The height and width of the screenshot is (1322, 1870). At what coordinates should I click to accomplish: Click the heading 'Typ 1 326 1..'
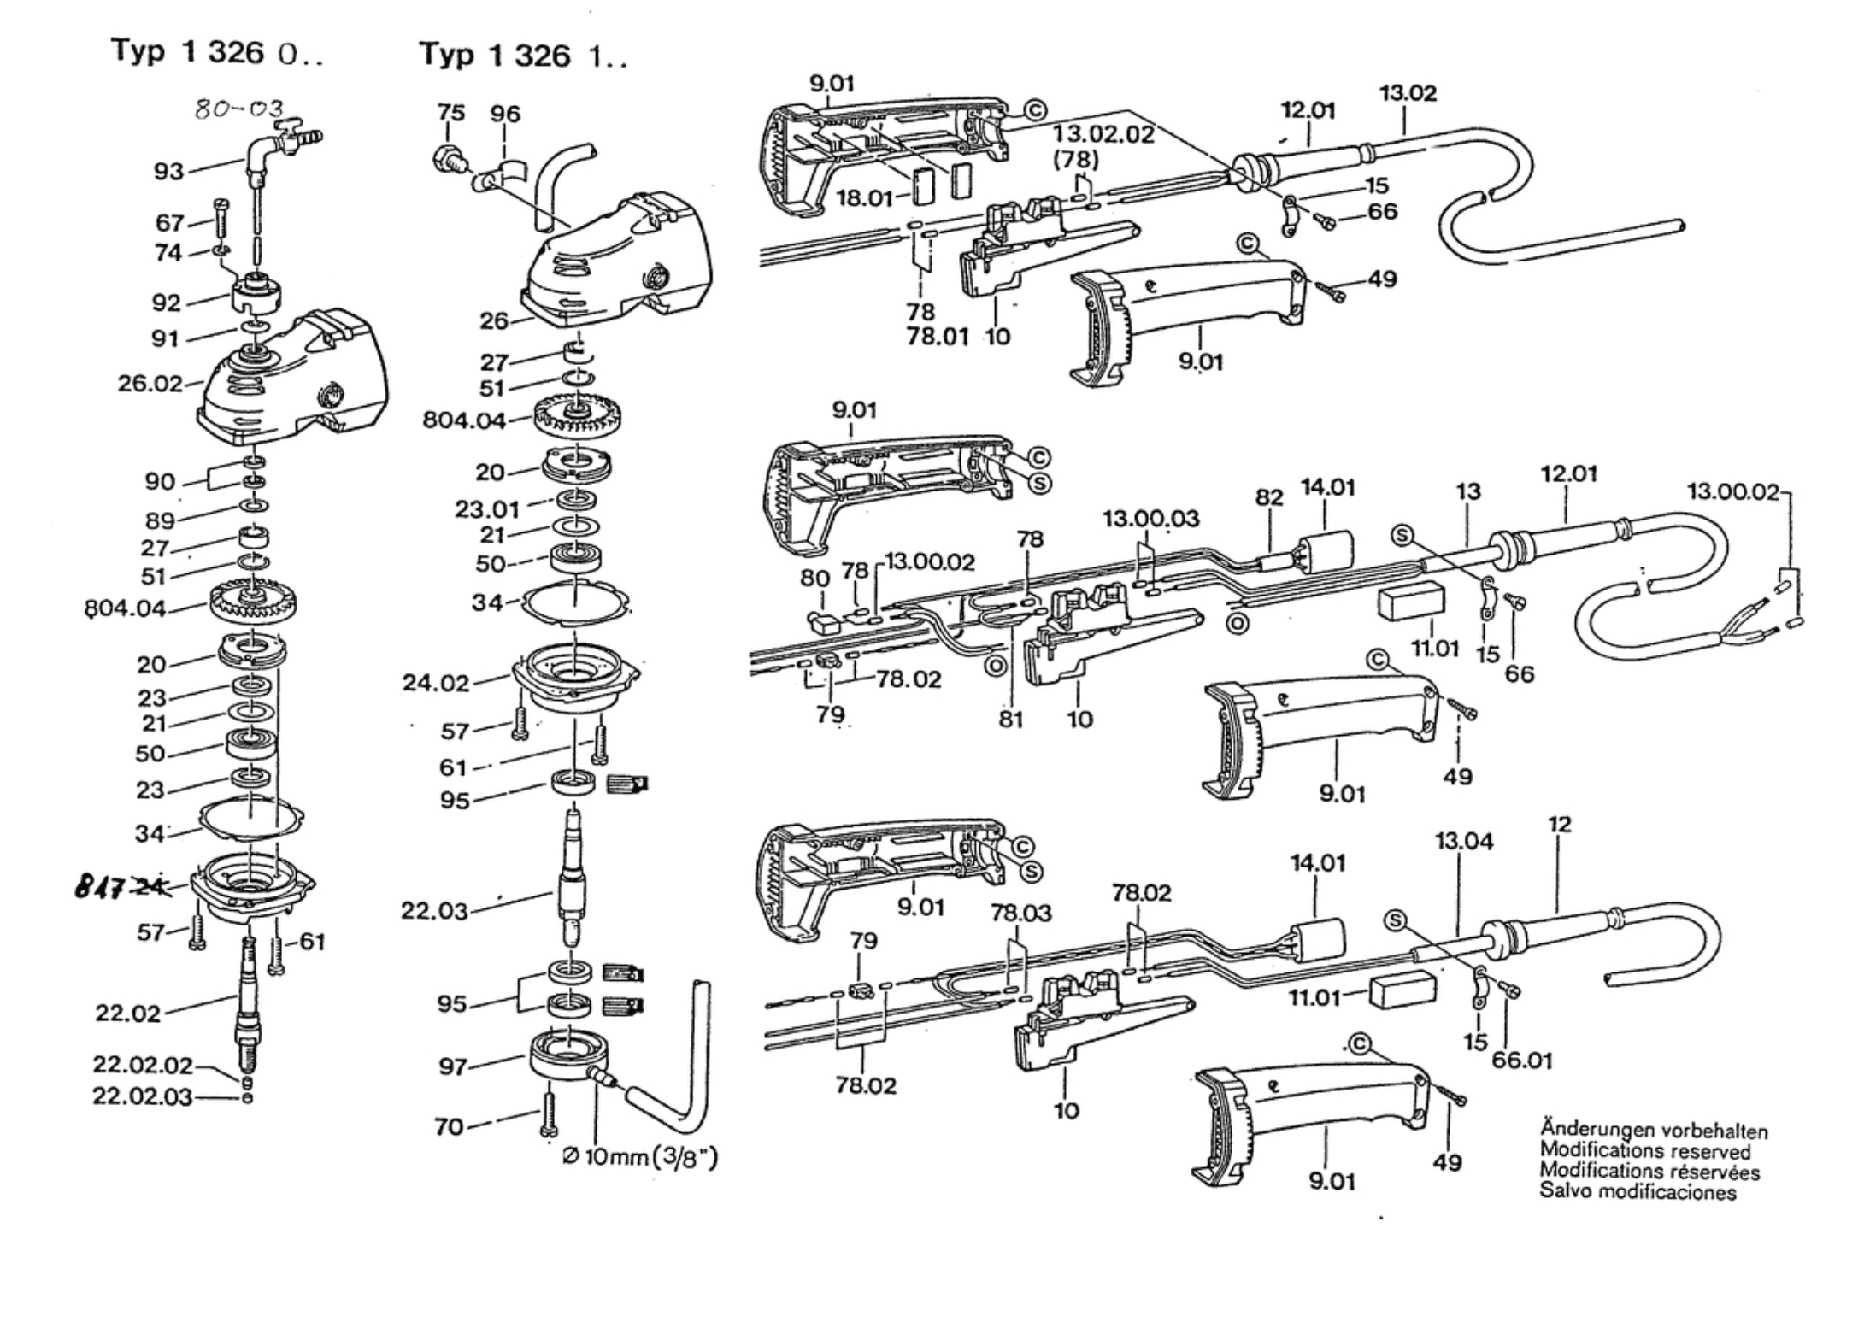(524, 56)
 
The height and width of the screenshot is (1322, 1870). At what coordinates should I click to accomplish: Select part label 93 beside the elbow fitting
(168, 172)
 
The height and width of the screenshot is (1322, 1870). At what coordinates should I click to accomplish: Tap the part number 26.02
(150, 383)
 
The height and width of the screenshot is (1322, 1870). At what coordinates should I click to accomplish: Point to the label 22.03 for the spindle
(435, 911)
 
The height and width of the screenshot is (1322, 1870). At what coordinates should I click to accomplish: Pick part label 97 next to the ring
(454, 1066)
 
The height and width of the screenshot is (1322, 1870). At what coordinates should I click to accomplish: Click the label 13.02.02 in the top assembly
(1103, 134)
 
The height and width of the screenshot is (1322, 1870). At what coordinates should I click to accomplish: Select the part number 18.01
(863, 198)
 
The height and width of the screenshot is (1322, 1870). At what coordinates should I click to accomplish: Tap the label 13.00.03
(1150, 519)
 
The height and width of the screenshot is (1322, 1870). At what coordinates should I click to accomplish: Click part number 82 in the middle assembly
(1270, 497)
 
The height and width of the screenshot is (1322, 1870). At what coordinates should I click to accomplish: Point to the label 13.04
(1464, 842)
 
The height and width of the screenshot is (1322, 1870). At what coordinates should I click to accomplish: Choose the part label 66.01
(1522, 1061)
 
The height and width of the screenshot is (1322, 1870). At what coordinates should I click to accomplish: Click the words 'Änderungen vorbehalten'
(1653, 1131)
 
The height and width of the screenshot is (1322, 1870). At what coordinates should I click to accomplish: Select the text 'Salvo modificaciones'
(1638, 1192)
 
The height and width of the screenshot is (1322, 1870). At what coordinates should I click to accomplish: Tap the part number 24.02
(436, 683)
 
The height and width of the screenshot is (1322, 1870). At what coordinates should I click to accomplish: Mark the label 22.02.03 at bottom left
(143, 1096)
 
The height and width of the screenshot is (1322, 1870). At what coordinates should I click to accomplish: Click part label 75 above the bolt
(450, 114)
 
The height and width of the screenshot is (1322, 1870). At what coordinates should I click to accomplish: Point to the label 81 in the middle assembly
(1010, 719)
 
